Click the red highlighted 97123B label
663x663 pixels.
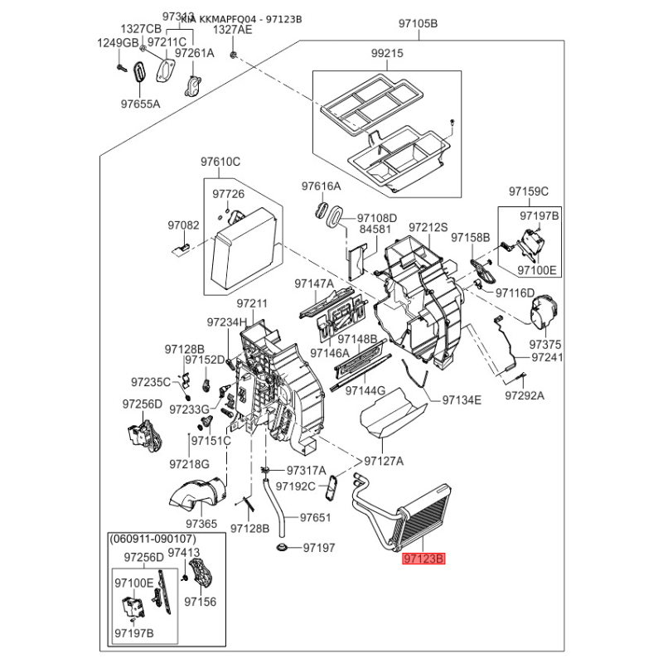tap(424, 559)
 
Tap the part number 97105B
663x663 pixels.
tap(419, 24)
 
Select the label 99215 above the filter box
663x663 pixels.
tap(386, 53)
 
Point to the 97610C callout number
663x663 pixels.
tap(220, 162)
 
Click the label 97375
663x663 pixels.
tap(545, 343)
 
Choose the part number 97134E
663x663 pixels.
tap(462, 400)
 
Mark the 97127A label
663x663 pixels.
tap(384, 462)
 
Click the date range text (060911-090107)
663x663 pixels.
tap(157, 539)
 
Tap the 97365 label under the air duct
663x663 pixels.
tap(201, 524)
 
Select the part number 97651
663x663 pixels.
tap(315, 517)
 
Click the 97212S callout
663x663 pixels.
tap(428, 227)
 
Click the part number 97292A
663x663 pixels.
tap(525, 396)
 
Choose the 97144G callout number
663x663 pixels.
tap(365, 390)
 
